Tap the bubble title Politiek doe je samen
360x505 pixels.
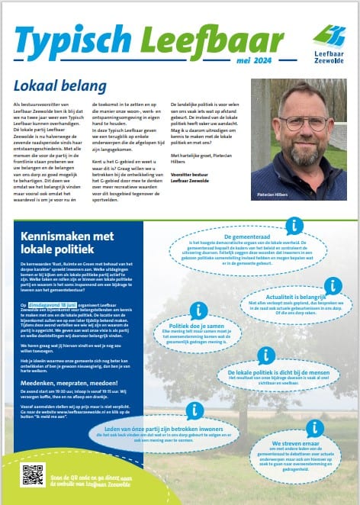tap(183, 323)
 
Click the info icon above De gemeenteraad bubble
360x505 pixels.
tap(294, 225)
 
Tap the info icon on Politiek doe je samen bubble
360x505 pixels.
tap(198, 310)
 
